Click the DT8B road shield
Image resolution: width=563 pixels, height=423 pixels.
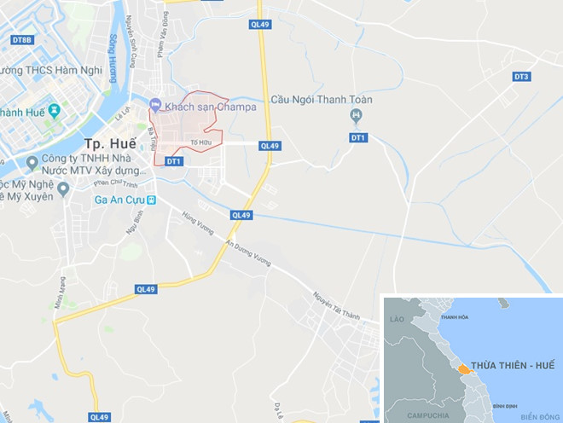pyautogui.click(x=22, y=40)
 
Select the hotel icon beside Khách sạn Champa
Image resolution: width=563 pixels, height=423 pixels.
pyautogui.click(x=155, y=105)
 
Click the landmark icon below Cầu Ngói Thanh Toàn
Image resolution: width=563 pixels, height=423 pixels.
pyautogui.click(x=357, y=116)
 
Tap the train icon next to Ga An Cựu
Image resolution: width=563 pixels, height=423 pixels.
pyautogui.click(x=151, y=200)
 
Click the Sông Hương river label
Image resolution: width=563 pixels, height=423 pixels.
pyautogui.click(x=113, y=55)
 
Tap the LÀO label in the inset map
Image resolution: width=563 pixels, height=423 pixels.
pyautogui.click(x=396, y=318)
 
